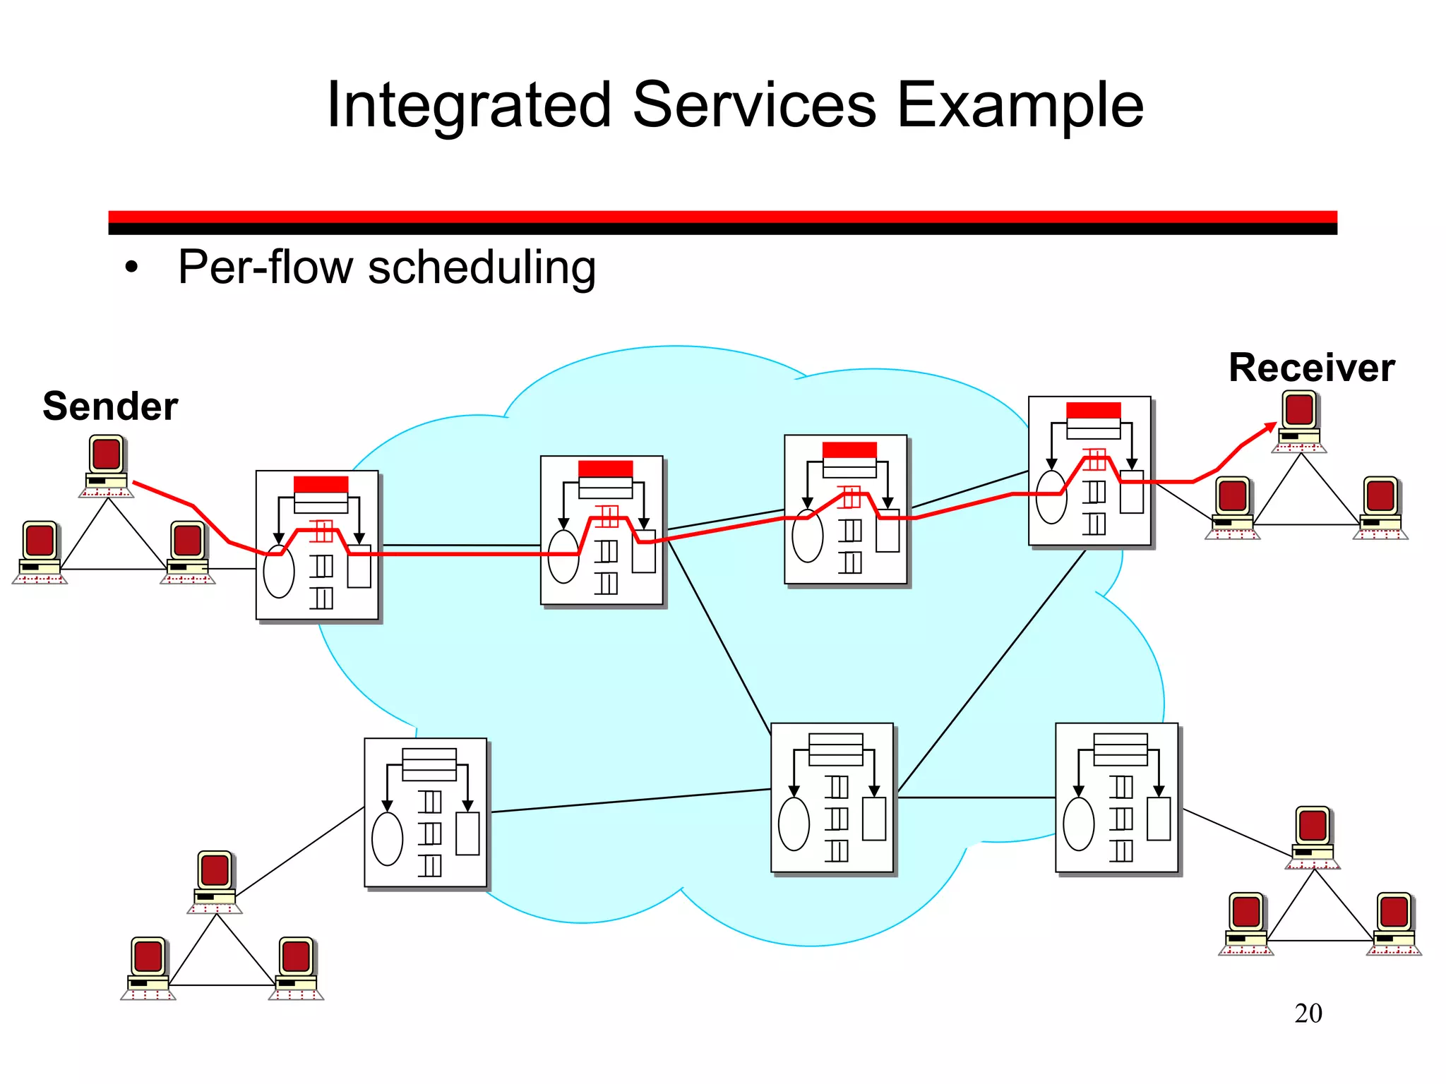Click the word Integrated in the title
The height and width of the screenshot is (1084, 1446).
[469, 106]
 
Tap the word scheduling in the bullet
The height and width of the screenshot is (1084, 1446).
[482, 268]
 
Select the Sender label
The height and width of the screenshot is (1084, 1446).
[110, 406]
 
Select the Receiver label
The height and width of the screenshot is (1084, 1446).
[1311, 368]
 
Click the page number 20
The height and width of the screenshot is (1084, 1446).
[1308, 1013]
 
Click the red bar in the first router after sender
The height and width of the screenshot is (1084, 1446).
[321, 484]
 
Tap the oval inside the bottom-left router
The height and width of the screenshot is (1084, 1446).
[387, 838]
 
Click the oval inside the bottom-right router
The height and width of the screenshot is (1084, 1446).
[1078, 824]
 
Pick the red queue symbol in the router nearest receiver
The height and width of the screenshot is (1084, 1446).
[1094, 459]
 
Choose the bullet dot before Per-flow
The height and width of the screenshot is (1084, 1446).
[131, 269]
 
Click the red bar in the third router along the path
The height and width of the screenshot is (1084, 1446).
[849, 450]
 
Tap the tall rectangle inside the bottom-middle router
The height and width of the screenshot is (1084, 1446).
[873, 819]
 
